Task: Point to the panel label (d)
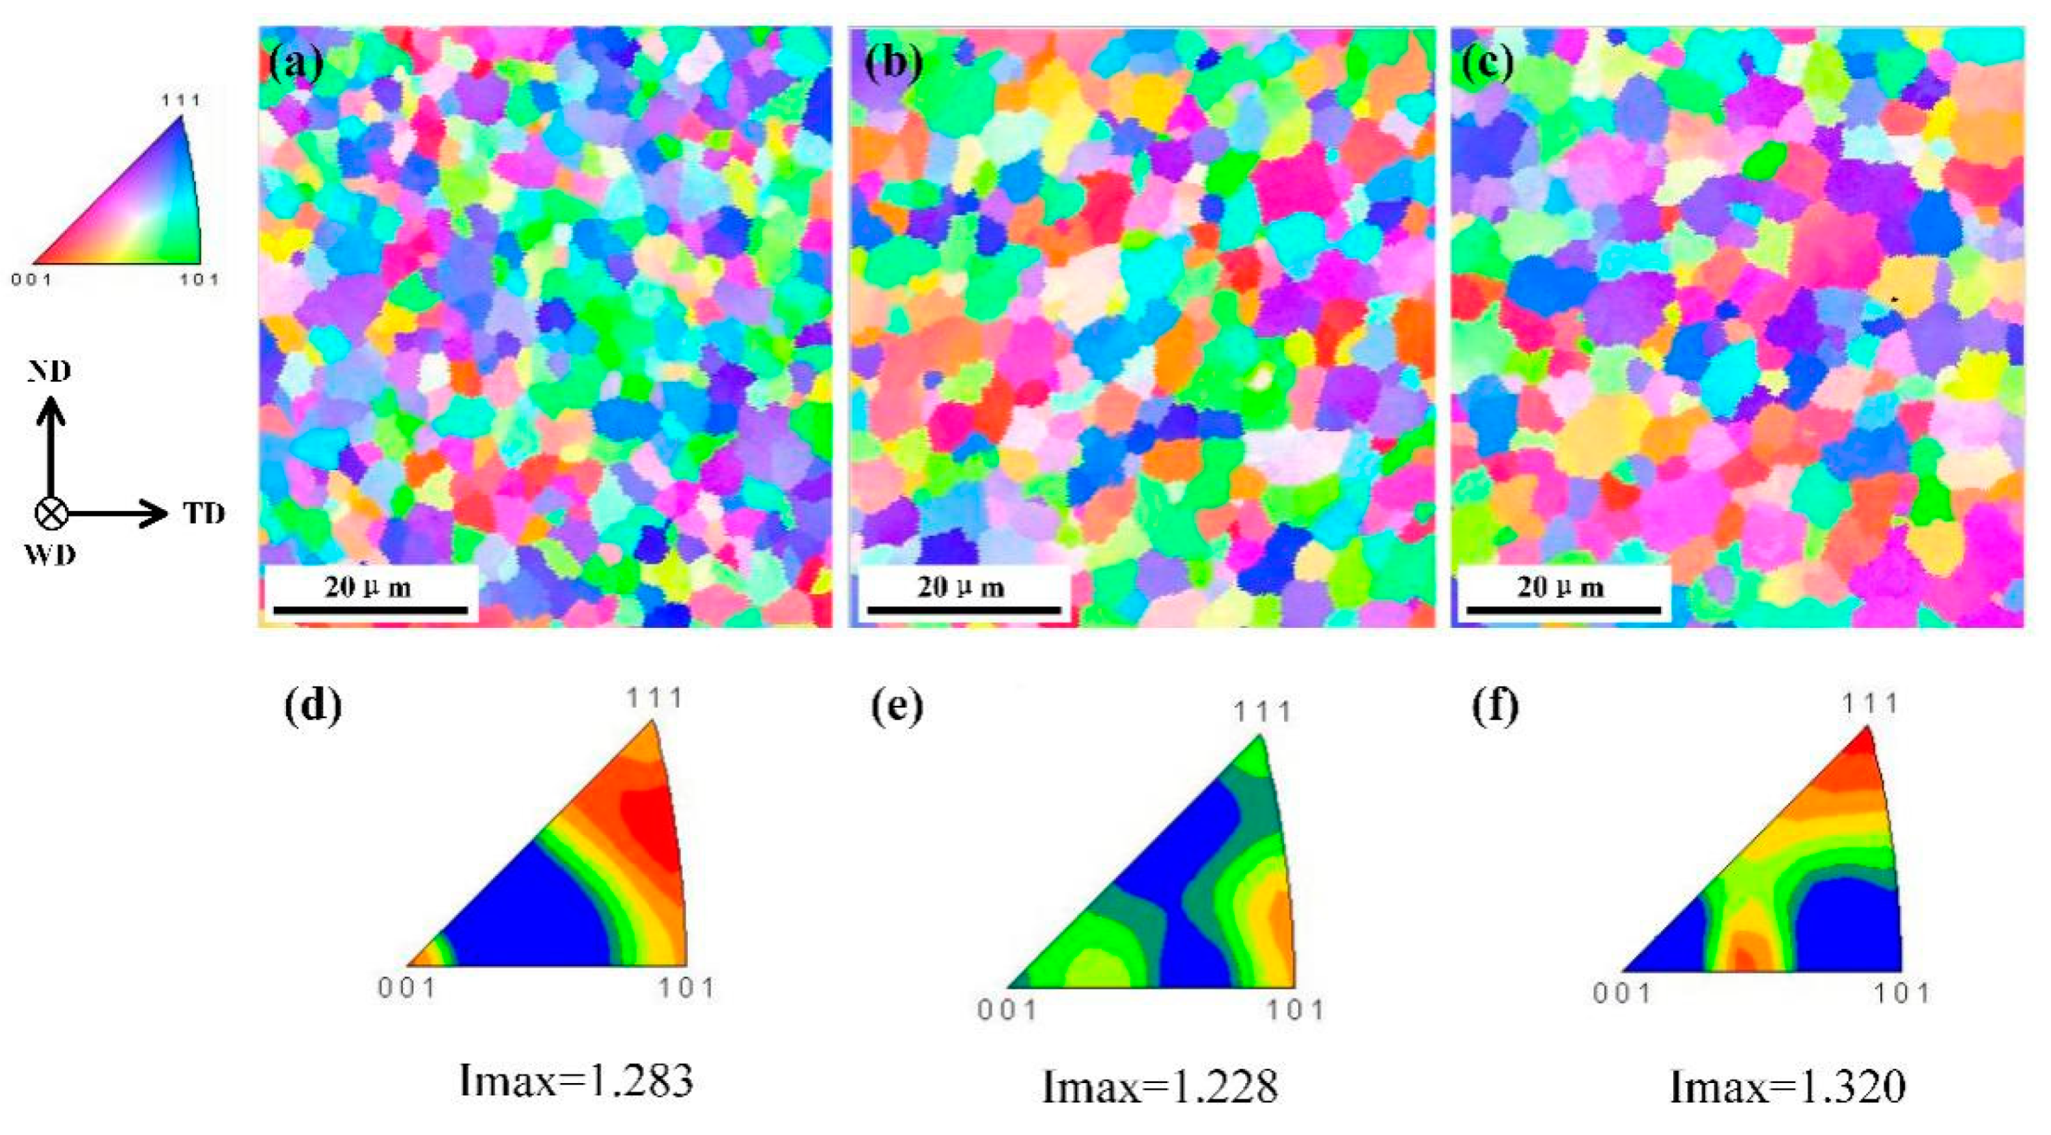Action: tap(313, 706)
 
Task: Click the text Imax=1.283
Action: tap(576, 1081)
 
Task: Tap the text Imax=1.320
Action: tap(1787, 1086)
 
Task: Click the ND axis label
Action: tap(49, 371)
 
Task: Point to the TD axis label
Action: tap(205, 514)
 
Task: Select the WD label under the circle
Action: tap(49, 554)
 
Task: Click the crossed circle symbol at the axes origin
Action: tap(52, 514)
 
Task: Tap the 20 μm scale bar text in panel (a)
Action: tap(368, 588)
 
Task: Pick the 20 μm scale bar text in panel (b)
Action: tap(960, 588)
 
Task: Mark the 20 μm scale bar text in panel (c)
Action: tap(1560, 588)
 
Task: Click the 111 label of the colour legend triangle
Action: tap(182, 100)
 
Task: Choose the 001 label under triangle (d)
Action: tap(407, 989)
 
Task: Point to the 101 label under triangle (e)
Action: tap(1296, 1010)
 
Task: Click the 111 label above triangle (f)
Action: tap(1869, 704)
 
